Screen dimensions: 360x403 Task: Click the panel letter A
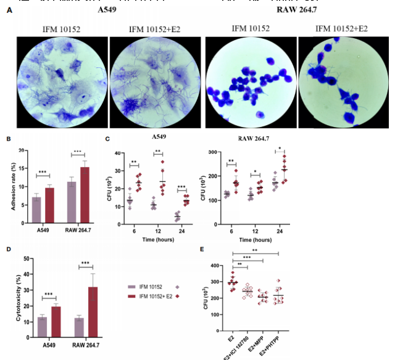coord(9,11)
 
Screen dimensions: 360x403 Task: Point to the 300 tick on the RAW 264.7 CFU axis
coord(212,152)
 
